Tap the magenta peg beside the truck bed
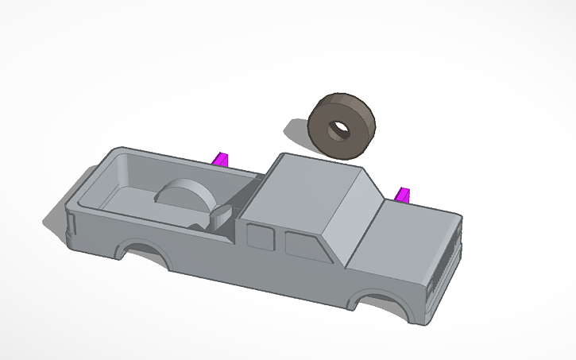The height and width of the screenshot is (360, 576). (221, 159)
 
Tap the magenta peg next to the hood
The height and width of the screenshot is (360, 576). (404, 195)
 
